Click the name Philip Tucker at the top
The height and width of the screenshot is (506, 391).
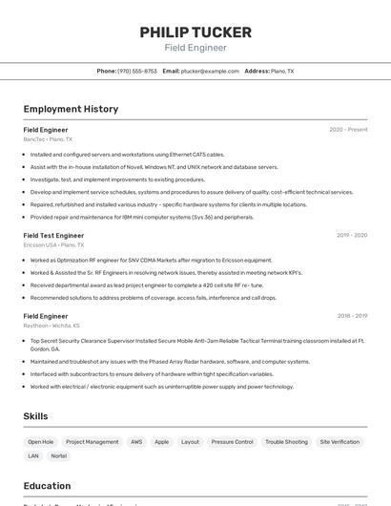point(195,32)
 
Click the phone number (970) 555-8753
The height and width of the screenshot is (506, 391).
point(137,71)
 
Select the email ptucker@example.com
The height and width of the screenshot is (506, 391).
point(210,71)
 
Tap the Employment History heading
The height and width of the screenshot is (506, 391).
point(71,109)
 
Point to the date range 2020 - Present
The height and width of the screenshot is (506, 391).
point(348,129)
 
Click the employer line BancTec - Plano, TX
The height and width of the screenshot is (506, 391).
point(48,139)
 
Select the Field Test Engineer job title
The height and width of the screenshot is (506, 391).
point(53,235)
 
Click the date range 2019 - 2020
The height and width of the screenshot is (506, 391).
point(352,235)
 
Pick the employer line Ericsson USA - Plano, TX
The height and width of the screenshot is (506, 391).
point(53,245)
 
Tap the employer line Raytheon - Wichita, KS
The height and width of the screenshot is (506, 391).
point(51,326)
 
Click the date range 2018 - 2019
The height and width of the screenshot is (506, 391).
point(352,315)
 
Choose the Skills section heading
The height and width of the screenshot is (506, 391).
point(35,416)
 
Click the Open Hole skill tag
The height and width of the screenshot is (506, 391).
point(41,442)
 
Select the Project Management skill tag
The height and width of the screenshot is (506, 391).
point(93,442)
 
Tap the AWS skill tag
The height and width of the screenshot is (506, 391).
point(136,442)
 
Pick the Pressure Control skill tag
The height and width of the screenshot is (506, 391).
point(232,442)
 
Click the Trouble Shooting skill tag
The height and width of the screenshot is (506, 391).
point(286,442)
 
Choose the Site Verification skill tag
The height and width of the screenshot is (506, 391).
point(340,442)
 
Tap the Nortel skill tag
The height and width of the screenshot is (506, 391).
point(59,455)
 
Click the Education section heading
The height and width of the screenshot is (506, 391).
point(47,486)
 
